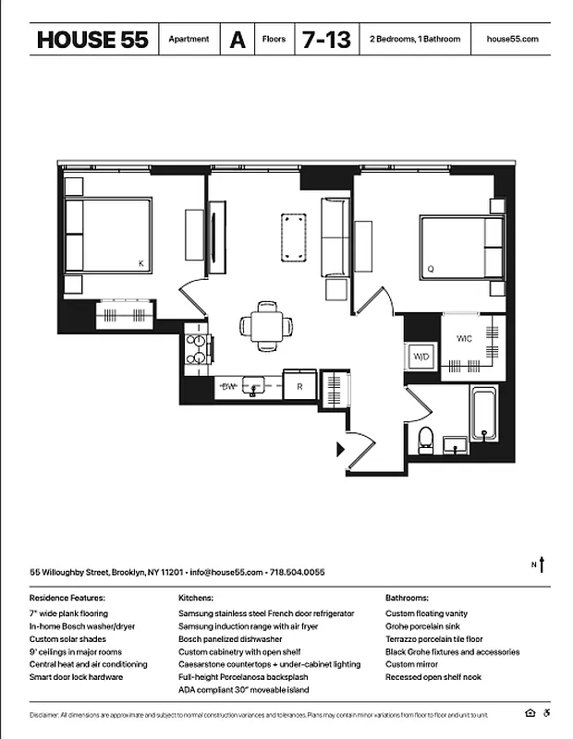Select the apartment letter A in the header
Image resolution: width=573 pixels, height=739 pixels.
coord(238,40)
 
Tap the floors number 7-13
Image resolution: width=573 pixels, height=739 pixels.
coord(323,40)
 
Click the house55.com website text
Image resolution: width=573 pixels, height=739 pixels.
coord(511,40)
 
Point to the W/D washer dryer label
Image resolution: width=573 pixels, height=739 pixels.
coord(421,357)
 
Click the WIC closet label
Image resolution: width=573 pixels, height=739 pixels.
coord(464,339)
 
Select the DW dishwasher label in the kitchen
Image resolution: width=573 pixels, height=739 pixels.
coord(228,386)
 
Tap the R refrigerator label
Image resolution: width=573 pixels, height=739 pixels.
coord(299,387)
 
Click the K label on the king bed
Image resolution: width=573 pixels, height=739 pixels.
coord(140,264)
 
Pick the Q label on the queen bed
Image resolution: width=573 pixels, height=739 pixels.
coord(430,270)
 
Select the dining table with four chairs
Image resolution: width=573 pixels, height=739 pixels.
coord(266,326)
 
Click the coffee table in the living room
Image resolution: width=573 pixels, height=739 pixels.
coord(294,236)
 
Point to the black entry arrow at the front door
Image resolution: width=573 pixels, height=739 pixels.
coord(340,450)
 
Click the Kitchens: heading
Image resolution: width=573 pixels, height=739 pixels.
coord(196,599)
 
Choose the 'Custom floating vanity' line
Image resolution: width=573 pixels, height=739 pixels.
coord(426,613)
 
